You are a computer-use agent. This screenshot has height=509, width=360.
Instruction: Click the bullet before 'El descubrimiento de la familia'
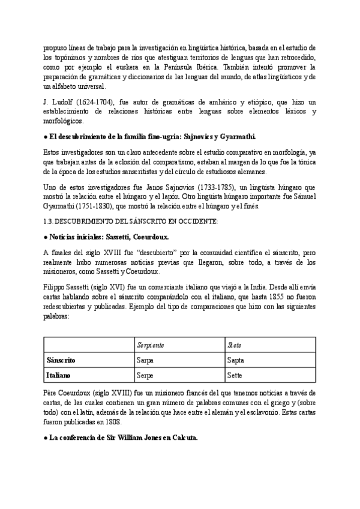(x=46, y=136)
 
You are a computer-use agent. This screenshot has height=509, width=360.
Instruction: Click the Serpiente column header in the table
(x=151, y=345)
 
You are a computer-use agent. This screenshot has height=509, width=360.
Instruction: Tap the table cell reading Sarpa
(x=146, y=360)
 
